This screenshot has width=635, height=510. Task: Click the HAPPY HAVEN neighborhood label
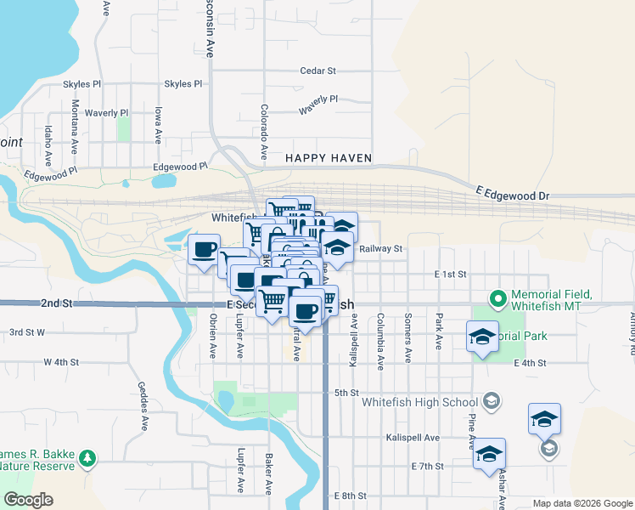tap(328, 158)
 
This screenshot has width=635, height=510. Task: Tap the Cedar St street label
tap(318, 71)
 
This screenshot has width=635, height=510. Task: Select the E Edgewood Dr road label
tap(513, 195)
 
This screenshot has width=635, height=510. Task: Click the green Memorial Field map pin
tap(498, 298)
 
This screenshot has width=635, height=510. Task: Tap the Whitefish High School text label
tap(419, 402)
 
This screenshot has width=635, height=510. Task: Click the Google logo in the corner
tap(28, 500)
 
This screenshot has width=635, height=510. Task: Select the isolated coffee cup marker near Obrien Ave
tap(204, 250)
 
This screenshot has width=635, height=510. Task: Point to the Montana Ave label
tap(76, 122)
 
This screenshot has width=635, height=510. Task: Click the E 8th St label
tap(350, 496)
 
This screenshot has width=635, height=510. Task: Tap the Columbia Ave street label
tap(380, 339)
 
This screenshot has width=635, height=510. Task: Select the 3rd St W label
tap(26, 332)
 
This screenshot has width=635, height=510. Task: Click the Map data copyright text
tap(582, 503)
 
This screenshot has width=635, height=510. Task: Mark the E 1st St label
tap(451, 275)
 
